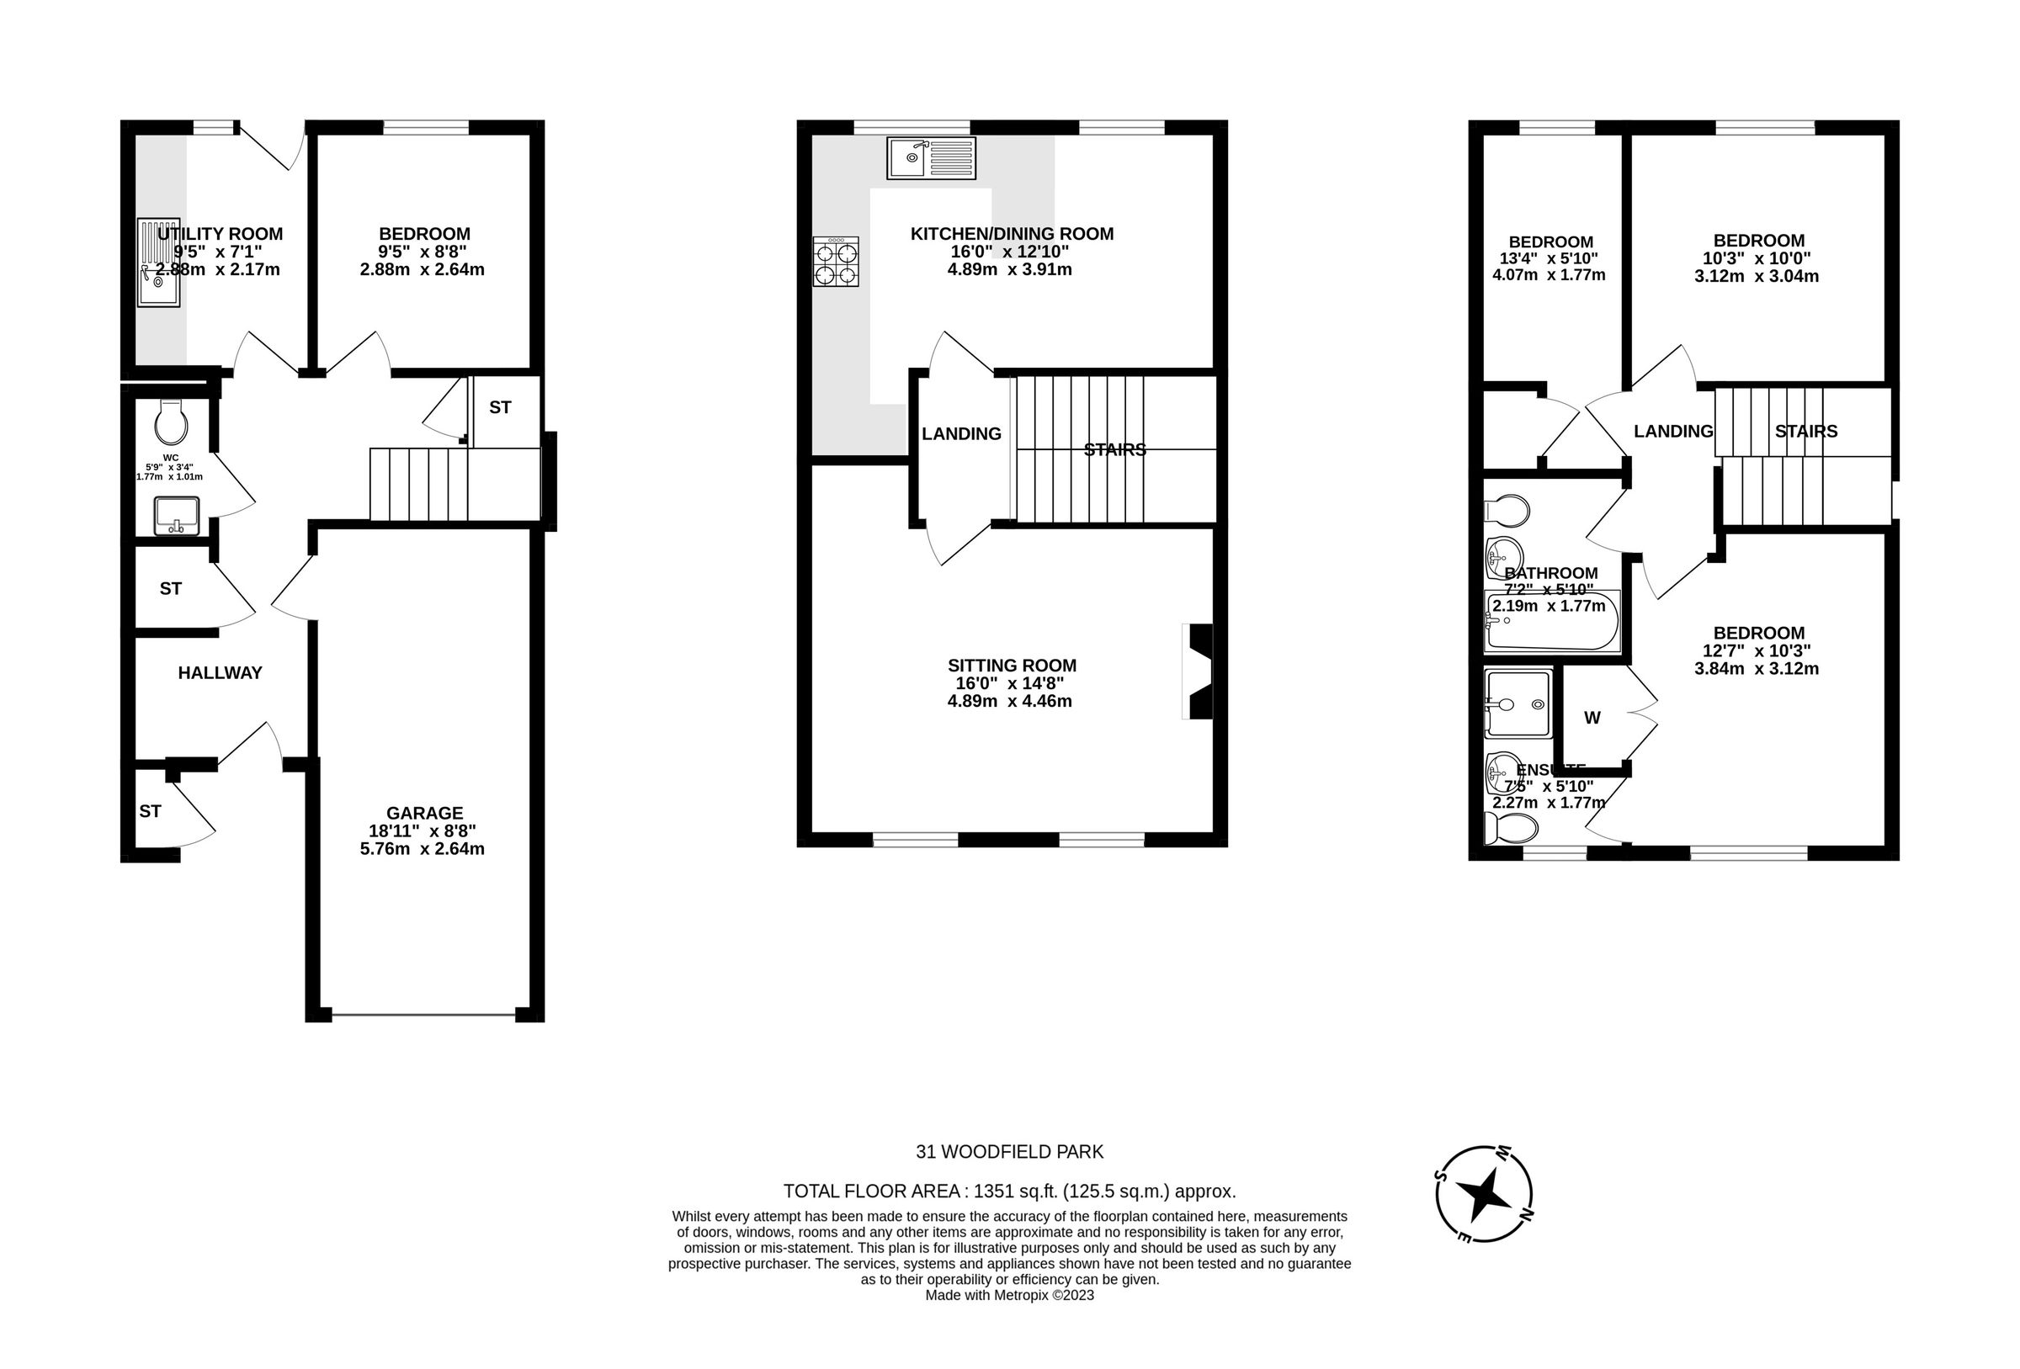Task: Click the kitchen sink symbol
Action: (930, 158)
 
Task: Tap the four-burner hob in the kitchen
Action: (835, 262)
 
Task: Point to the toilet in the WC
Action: (170, 422)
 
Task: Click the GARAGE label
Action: (424, 813)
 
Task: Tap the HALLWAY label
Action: (220, 673)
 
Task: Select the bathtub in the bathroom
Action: (1551, 623)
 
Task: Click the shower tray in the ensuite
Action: (1518, 703)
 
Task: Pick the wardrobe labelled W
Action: (1592, 718)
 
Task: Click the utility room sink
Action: (158, 263)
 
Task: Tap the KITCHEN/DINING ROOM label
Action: (1012, 233)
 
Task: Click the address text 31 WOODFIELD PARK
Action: (1009, 1152)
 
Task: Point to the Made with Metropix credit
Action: (1009, 1295)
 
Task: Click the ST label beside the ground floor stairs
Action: (500, 407)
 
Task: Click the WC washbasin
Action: (177, 516)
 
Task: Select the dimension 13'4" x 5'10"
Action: (1550, 258)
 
